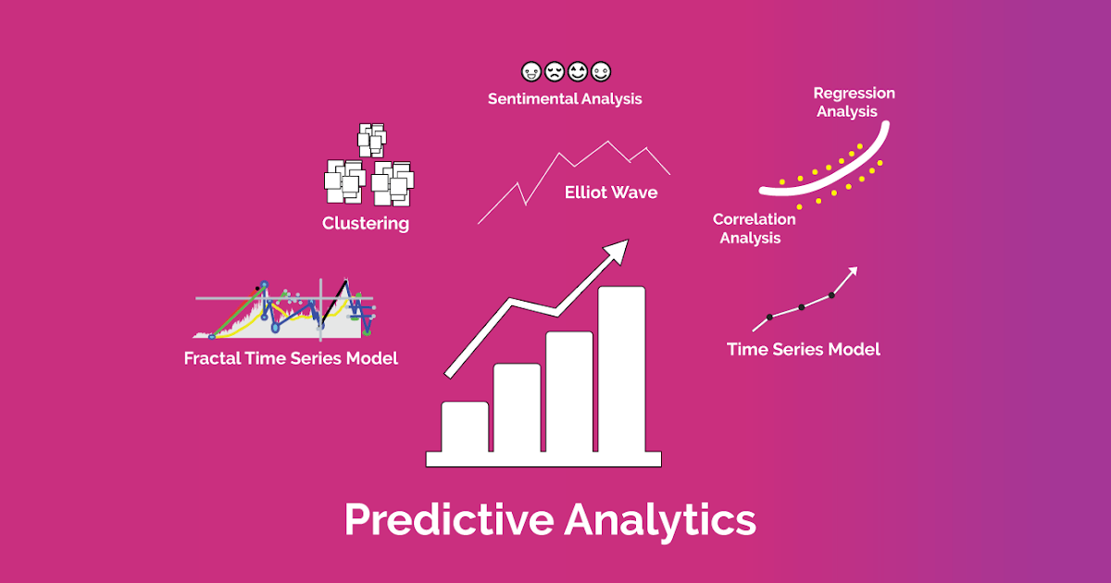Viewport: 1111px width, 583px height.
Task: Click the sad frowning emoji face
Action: coord(555,71)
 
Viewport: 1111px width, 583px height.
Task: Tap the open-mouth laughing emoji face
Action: coord(578,71)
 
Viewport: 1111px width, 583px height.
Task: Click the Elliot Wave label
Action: coord(611,192)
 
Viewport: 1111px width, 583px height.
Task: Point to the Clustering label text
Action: coord(366,223)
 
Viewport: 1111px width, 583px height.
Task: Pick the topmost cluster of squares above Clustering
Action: coord(371,141)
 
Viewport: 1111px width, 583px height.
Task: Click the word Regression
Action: coord(854,93)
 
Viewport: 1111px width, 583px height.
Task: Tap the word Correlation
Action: coord(754,219)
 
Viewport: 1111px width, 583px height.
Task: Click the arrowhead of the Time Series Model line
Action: coord(852,272)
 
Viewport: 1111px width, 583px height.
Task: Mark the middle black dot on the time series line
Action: coord(802,306)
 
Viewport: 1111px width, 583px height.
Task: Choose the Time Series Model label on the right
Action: coord(803,349)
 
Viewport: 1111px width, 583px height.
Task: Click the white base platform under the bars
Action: coord(543,458)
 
